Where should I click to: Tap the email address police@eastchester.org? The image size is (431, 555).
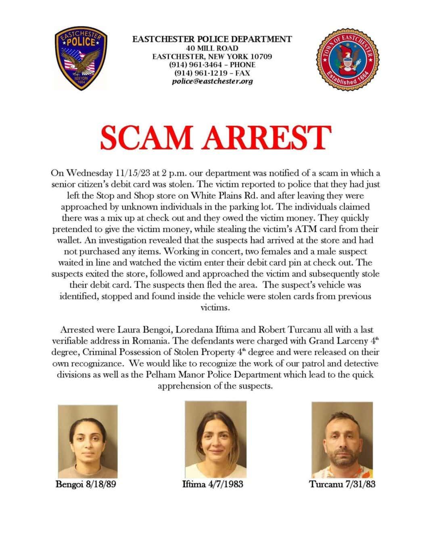click(212, 81)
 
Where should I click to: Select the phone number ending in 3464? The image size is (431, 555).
click(212, 65)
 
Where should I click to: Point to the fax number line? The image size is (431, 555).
click(212, 73)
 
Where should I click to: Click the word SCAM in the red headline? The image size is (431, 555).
click(146, 138)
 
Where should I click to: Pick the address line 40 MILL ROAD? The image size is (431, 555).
click(212, 48)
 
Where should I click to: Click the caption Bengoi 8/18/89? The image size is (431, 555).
click(86, 484)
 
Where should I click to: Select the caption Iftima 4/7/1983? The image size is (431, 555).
click(213, 484)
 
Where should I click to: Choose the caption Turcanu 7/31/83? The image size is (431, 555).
click(342, 484)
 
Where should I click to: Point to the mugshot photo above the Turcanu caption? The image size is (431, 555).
click(342, 439)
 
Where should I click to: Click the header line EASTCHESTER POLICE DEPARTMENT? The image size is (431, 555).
click(212, 39)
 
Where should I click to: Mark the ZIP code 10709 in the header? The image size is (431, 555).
click(260, 56)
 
